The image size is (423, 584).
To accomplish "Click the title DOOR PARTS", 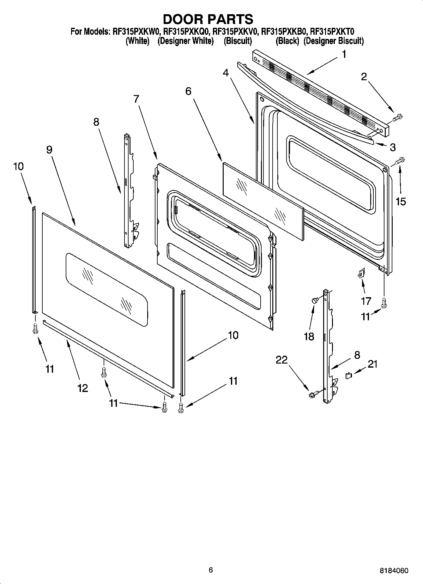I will [x=208, y=19].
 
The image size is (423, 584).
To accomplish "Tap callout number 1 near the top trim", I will [x=344, y=54].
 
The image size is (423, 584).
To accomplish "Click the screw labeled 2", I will [x=396, y=118].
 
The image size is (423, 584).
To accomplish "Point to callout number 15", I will [x=401, y=201].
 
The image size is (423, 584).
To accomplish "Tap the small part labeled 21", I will [x=349, y=376].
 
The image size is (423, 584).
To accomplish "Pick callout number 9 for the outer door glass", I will [x=49, y=149].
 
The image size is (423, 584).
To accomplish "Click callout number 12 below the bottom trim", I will [x=82, y=388].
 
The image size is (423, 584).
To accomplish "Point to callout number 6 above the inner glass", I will [x=188, y=91].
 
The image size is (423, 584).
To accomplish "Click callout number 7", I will [x=136, y=99].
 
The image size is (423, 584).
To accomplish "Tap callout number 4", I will [x=226, y=73].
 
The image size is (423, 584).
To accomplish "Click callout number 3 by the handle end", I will [x=392, y=147].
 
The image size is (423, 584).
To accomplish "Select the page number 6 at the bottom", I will [x=211, y=570].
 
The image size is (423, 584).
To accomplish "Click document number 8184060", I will [x=394, y=571].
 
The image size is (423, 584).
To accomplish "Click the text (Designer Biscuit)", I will [x=334, y=41].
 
